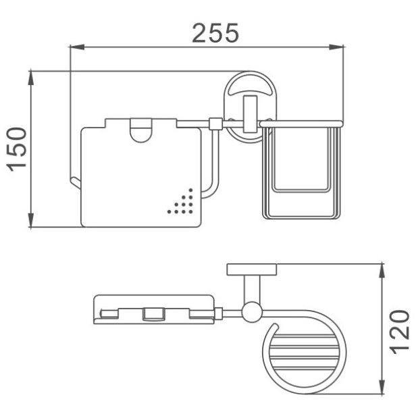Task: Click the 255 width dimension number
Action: point(215,33)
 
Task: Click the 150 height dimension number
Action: point(17,149)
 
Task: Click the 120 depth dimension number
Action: point(400,332)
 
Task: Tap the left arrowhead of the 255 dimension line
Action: point(77,47)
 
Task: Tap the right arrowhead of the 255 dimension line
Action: point(336,47)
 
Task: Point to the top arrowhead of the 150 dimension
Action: point(31,77)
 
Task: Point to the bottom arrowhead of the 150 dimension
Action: point(31,220)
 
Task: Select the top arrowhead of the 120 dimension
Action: point(382,271)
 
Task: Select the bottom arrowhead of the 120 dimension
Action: point(382,386)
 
